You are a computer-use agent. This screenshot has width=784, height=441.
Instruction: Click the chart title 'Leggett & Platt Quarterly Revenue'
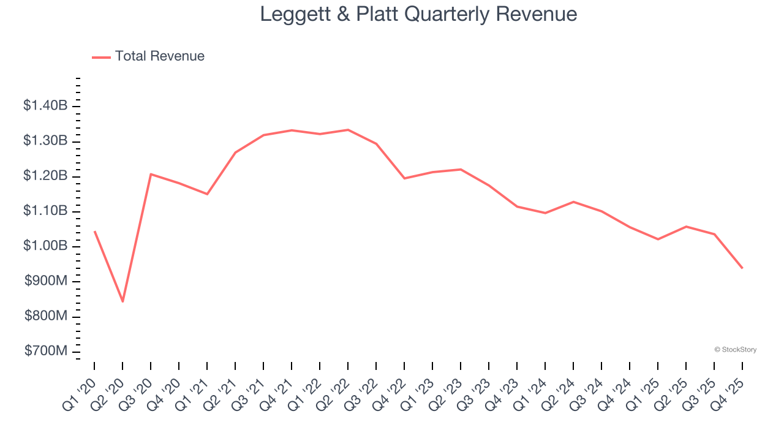418,14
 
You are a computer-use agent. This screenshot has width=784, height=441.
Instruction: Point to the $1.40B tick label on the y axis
45,106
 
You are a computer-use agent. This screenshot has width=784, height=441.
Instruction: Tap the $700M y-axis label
46,351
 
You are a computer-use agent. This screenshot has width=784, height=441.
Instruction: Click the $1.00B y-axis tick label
45,246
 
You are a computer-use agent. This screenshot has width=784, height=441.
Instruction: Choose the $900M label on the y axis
46,281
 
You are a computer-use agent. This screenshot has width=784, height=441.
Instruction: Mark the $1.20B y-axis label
45,176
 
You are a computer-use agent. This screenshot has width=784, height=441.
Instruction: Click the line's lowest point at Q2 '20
123,301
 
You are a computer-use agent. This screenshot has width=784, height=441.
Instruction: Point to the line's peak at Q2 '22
348,130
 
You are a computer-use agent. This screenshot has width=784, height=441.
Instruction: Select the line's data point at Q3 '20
151,174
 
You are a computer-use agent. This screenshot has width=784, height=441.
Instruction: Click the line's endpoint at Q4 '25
742,268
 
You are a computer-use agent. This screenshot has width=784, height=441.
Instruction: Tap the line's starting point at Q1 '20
94,232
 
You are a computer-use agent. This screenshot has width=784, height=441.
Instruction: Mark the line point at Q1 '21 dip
207,194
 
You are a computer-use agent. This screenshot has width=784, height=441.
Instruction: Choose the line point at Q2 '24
573,202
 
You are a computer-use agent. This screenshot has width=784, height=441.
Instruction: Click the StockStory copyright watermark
735,350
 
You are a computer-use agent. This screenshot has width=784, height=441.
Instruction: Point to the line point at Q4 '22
404,178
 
